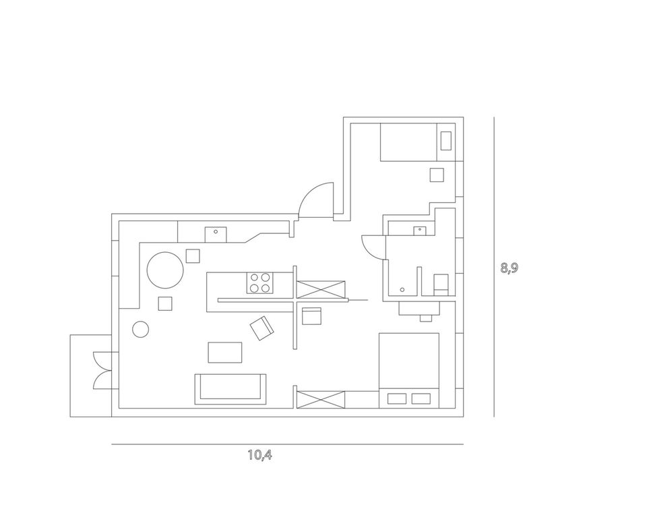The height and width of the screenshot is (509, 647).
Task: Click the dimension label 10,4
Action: coord(259,454)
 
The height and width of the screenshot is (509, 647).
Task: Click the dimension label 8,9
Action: coord(509,267)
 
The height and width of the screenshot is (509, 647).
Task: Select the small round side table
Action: coord(141,330)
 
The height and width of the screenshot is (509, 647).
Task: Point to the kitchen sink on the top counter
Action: coord(216,233)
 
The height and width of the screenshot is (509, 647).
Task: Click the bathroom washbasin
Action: coord(421,230)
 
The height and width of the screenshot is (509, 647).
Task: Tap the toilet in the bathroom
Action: coord(441,283)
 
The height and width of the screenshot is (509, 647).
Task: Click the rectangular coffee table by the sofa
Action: coord(224,353)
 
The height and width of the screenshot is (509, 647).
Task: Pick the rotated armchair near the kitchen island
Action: coord(261,329)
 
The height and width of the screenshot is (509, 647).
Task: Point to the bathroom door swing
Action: coord(373,245)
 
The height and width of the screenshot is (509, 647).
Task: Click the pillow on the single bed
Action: coord(446,140)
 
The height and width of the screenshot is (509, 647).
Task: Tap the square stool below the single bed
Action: coord(437,175)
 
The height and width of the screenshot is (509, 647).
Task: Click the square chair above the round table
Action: coord(193,256)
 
